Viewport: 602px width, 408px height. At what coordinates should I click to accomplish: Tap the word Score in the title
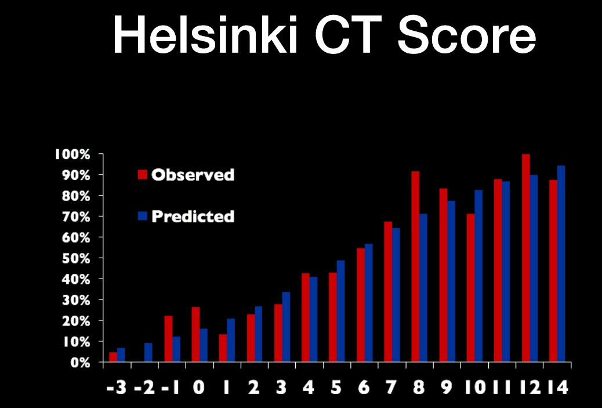click(466, 35)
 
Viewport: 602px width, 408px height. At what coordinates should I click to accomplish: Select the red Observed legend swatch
click(143, 175)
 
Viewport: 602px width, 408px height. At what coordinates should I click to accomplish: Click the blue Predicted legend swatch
click(143, 215)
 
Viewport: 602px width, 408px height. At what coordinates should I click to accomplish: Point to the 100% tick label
click(72, 154)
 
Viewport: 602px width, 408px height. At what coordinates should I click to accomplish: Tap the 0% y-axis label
click(80, 362)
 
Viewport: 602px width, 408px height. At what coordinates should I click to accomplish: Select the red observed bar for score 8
click(415, 266)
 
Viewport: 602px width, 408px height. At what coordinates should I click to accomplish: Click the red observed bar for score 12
click(526, 258)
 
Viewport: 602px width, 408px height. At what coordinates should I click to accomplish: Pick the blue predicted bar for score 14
click(561, 263)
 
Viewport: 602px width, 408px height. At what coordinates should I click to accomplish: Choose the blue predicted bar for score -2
click(148, 352)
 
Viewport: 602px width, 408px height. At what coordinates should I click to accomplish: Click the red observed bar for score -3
click(113, 357)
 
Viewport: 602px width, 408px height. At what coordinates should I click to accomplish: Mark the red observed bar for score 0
click(196, 334)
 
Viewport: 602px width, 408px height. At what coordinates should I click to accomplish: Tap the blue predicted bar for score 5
click(340, 311)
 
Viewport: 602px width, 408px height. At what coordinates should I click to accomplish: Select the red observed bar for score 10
click(471, 287)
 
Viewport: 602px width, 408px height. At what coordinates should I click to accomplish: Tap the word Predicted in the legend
click(193, 216)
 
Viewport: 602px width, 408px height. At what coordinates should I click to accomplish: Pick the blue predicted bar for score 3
click(286, 327)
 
